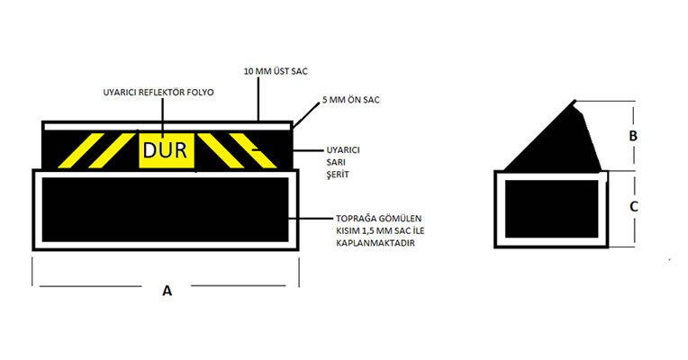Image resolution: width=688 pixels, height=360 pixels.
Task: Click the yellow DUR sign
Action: (167, 150)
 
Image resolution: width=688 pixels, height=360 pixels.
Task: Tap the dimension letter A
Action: (167, 291)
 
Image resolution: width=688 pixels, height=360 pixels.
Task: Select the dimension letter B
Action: (633, 136)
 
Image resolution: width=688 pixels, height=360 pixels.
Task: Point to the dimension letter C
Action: (634, 206)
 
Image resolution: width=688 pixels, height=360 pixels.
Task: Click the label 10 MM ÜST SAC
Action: (276, 71)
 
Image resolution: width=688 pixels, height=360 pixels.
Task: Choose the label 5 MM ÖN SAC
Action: (351, 100)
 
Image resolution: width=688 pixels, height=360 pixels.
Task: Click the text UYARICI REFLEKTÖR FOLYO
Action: (158, 93)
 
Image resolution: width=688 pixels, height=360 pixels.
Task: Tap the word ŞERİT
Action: (338, 174)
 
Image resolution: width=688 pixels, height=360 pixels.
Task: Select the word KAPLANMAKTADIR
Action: (376, 243)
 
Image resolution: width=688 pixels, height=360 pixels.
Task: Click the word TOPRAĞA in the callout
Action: (355, 219)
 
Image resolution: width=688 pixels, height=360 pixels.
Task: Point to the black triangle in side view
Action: (555, 136)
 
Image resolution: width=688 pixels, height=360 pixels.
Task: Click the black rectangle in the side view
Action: (551, 209)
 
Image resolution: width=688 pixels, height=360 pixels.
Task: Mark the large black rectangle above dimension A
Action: (166, 210)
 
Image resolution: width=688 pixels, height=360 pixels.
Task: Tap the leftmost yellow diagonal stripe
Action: (81, 151)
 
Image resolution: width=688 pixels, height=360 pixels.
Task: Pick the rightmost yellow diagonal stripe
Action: (253, 151)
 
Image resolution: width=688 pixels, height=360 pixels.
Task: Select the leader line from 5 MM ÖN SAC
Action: (306, 116)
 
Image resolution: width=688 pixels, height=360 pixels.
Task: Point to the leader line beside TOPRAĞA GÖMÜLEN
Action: (311, 218)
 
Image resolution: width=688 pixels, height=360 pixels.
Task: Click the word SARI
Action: (337, 162)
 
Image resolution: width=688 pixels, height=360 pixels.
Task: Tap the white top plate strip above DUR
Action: (167, 126)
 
